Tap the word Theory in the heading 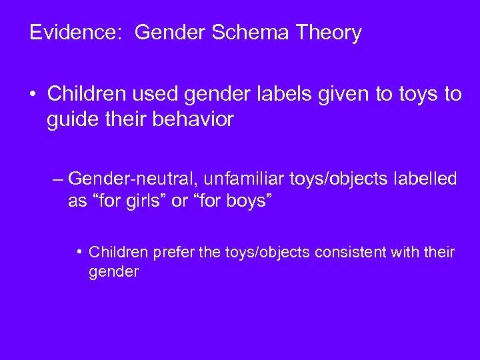coord(330,33)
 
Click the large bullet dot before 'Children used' coord(33,95)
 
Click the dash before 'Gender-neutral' coord(57,179)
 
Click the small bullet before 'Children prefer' coord(79,253)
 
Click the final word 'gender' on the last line coord(113,272)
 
